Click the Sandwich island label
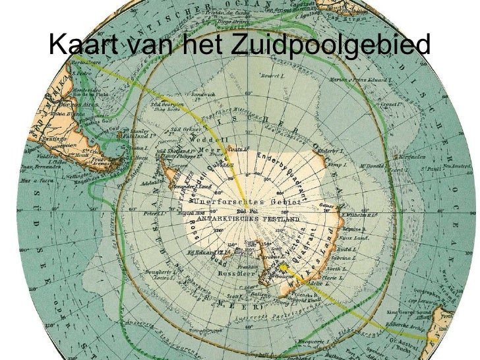(203, 96)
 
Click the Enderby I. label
(326, 152)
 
